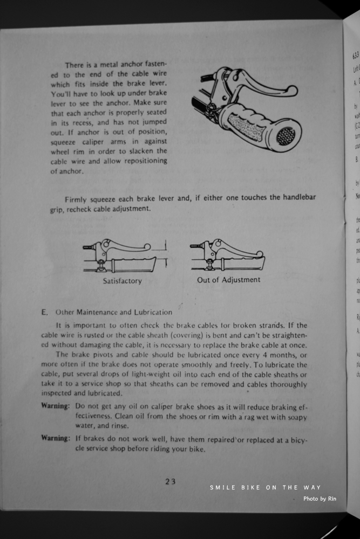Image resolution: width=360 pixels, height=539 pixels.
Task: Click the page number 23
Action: click(x=171, y=482)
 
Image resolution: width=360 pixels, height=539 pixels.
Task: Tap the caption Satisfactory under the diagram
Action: click(x=123, y=281)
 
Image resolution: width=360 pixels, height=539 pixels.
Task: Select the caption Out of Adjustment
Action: click(x=228, y=280)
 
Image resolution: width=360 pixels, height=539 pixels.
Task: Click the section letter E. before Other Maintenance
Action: click(x=45, y=312)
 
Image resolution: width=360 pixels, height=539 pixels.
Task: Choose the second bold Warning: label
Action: click(x=56, y=438)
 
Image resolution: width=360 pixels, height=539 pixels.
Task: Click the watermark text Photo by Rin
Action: click(x=320, y=499)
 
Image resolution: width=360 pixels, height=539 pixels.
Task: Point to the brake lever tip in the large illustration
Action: click(x=291, y=90)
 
